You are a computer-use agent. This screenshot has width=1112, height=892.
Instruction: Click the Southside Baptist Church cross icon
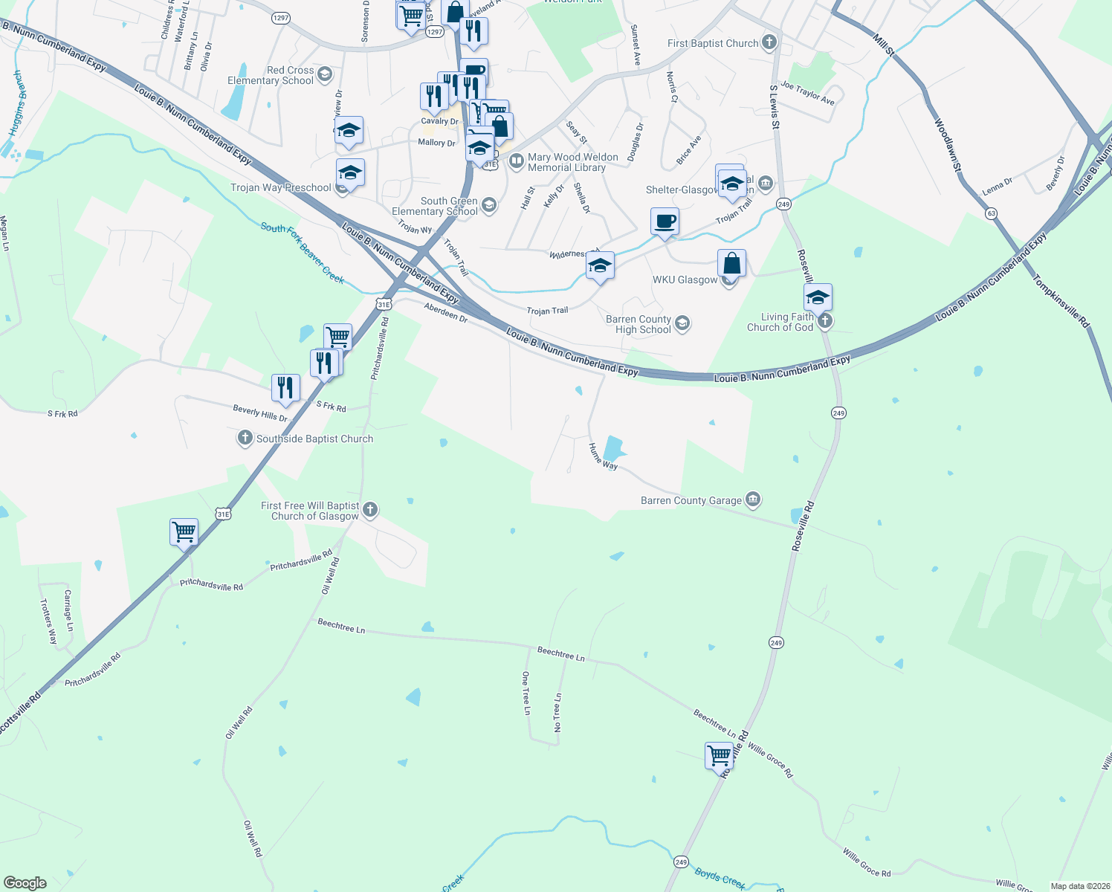[245, 438]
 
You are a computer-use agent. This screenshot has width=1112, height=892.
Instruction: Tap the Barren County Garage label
[691, 501]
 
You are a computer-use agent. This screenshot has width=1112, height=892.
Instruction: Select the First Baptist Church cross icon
[769, 42]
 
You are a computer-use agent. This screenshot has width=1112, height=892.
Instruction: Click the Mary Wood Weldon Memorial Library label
[572, 162]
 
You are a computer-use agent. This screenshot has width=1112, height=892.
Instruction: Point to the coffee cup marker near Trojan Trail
[665, 222]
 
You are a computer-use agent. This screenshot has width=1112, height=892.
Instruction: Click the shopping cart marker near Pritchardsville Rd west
[184, 532]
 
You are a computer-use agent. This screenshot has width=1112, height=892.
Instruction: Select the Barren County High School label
[638, 324]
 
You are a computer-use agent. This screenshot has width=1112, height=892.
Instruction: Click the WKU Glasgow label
[685, 280]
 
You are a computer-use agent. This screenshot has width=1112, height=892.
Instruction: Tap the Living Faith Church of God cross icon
[824, 321]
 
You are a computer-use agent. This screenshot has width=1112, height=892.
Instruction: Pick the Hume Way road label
[603, 456]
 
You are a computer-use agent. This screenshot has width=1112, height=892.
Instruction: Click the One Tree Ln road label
[526, 694]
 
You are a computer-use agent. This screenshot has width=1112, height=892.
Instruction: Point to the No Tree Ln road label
[557, 713]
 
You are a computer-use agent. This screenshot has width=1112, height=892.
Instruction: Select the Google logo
[25, 883]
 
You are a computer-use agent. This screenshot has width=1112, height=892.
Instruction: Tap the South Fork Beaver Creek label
[303, 253]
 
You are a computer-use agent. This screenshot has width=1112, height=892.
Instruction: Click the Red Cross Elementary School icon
[324, 74]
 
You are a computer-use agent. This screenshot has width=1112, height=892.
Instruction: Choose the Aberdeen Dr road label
[446, 312]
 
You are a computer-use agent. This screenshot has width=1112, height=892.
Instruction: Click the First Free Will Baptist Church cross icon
[370, 510]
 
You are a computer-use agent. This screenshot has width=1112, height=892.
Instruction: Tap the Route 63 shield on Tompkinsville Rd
[992, 213]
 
